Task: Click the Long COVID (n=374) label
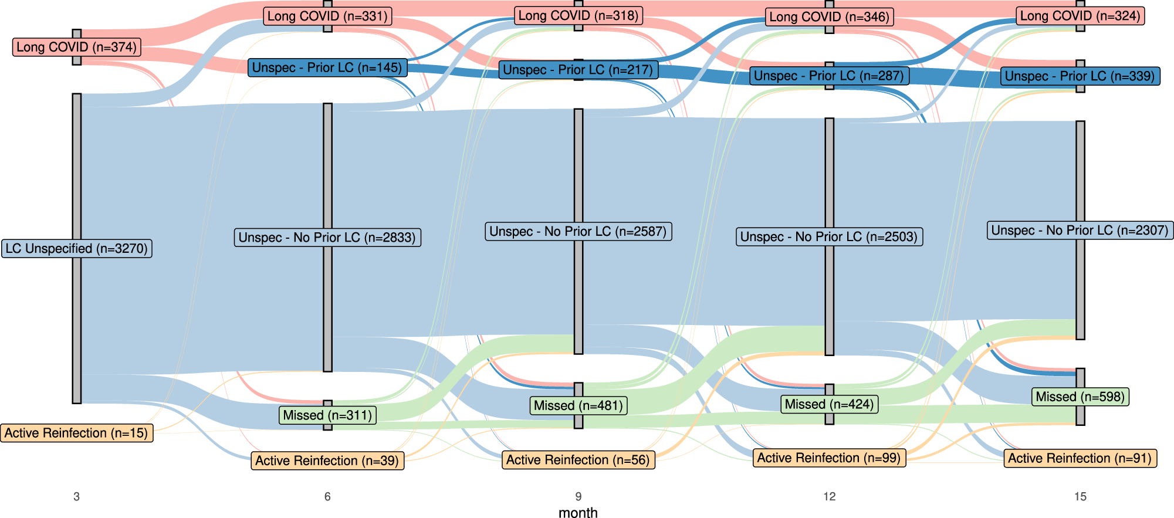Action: coord(76,47)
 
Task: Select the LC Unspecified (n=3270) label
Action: coord(76,249)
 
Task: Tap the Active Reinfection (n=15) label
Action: coord(76,433)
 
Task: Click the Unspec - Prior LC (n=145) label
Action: coord(327,67)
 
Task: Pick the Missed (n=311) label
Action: coord(327,415)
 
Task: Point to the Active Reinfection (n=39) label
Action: coord(327,461)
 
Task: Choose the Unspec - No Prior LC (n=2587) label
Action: coord(578,231)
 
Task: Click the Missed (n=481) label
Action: coord(578,405)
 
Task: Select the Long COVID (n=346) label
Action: coord(829,16)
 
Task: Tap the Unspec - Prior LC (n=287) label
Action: coord(829,76)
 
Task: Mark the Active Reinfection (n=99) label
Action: coord(829,458)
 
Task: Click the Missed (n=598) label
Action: coord(1080,397)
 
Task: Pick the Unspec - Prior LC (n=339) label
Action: coord(1080,76)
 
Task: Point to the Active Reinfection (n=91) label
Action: coord(1080,458)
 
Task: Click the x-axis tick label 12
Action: coord(829,496)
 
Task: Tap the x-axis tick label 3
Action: coord(76,496)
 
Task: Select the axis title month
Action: coord(578,512)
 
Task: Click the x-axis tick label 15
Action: coord(1080,496)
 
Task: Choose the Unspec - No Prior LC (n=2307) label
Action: coord(1080,230)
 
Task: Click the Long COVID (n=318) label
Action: coord(578,15)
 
